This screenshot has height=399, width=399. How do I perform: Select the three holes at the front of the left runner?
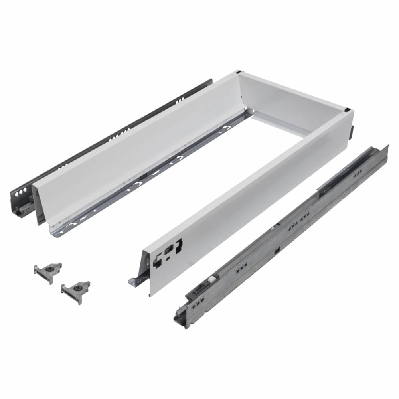[20, 194]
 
